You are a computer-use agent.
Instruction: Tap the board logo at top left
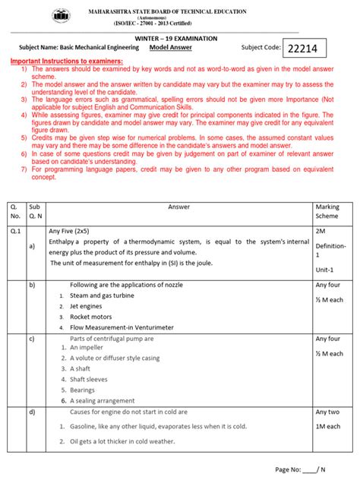coord(58,16)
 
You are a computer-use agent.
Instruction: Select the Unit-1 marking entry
coord(327,270)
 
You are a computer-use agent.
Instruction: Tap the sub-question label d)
coord(33,412)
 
